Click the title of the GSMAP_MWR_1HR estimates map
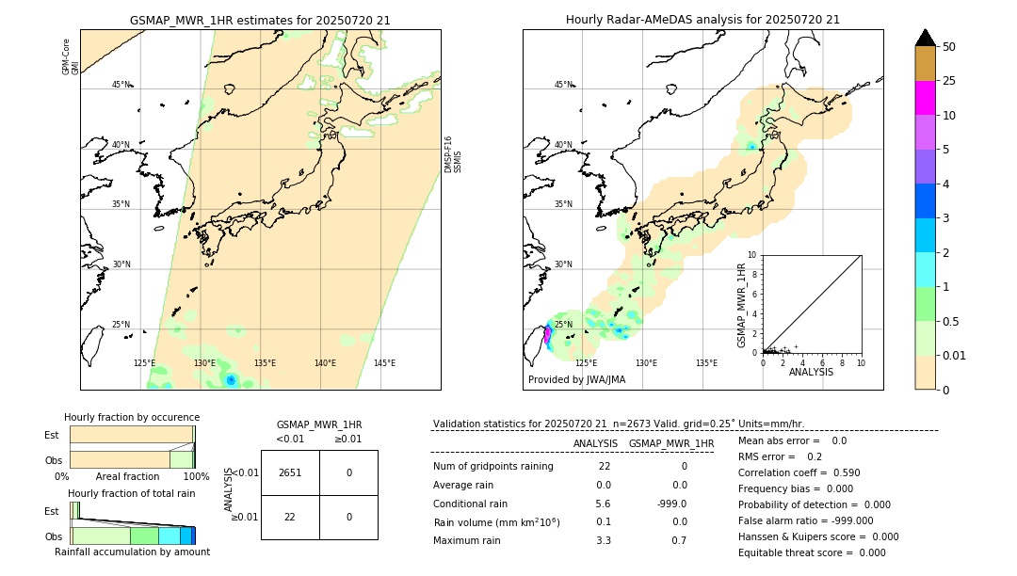tap(260, 20)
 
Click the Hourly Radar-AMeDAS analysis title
tap(702, 20)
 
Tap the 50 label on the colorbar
tap(949, 47)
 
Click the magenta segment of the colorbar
tap(925, 98)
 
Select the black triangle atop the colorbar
tap(925, 38)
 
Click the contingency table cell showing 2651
tap(290, 472)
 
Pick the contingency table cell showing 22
tap(290, 517)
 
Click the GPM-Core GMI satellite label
tap(71, 56)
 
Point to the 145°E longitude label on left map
tap(384, 363)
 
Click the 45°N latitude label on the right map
tap(563, 85)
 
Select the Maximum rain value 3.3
tap(604, 540)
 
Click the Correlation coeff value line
tap(799, 472)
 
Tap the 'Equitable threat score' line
tap(812, 552)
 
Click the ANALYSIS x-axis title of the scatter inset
tap(811, 372)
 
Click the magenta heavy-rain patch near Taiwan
tap(547, 334)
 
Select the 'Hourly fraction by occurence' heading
tap(132, 417)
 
